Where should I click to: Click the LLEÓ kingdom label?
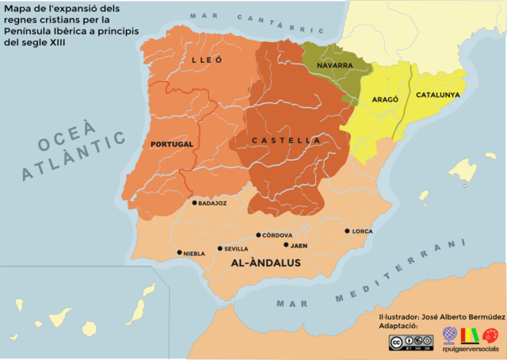pos(207,60)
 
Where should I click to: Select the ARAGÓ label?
pos(386,101)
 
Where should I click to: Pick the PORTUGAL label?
pos(172,144)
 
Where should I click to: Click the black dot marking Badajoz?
pos(194,202)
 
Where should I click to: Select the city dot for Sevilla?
pos(219,248)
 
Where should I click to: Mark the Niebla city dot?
pos(179,252)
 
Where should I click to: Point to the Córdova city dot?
pos(258,235)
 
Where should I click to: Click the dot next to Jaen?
pos(286,245)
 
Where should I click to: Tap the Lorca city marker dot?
pos(347,231)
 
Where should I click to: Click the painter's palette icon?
pos(490,335)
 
